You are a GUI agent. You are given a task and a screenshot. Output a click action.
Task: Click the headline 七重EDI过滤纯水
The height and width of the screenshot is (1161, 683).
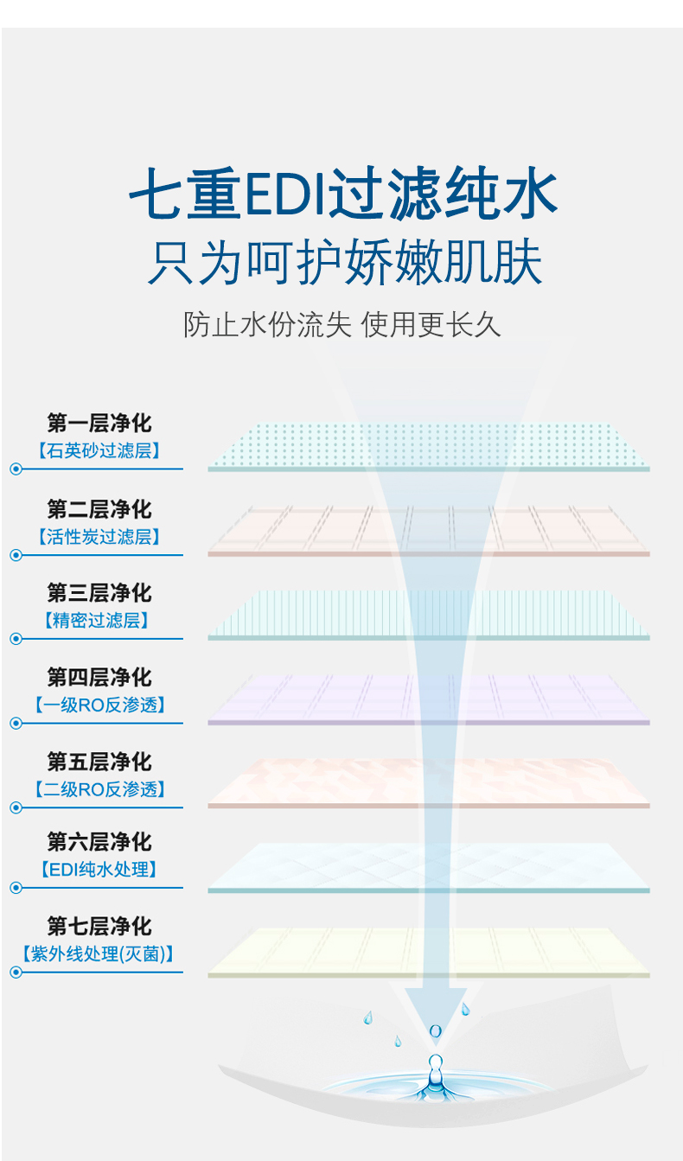(x=343, y=195)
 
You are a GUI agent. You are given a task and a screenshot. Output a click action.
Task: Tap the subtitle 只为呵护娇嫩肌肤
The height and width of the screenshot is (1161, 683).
(x=343, y=263)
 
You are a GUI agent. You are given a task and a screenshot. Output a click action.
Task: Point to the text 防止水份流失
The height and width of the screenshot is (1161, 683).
(x=267, y=325)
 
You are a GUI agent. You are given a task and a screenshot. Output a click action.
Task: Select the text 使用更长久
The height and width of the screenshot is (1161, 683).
(x=431, y=325)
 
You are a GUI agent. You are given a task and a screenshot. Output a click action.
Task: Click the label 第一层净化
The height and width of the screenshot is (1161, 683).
(x=99, y=424)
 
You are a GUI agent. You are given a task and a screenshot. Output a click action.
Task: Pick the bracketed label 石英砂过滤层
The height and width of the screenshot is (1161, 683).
(x=99, y=450)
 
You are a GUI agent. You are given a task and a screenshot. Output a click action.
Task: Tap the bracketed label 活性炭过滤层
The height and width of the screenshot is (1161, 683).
(x=99, y=537)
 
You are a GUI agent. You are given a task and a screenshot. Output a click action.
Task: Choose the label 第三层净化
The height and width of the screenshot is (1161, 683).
(x=99, y=593)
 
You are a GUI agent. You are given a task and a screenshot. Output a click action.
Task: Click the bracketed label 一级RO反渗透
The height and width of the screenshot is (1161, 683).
(x=99, y=705)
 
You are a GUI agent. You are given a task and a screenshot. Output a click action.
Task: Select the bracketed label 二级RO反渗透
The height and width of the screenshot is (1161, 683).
(x=99, y=789)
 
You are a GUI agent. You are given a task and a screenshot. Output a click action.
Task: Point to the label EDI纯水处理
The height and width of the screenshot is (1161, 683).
(x=99, y=870)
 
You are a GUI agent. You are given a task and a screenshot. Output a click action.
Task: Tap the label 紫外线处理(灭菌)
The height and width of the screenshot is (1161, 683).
(x=99, y=954)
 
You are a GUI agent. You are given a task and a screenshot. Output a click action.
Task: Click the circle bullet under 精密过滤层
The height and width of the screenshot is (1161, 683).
(x=16, y=639)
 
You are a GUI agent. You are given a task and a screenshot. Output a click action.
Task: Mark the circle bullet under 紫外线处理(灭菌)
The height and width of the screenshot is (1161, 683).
(x=16, y=973)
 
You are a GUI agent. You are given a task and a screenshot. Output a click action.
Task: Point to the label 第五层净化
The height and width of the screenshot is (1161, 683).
(x=99, y=762)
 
